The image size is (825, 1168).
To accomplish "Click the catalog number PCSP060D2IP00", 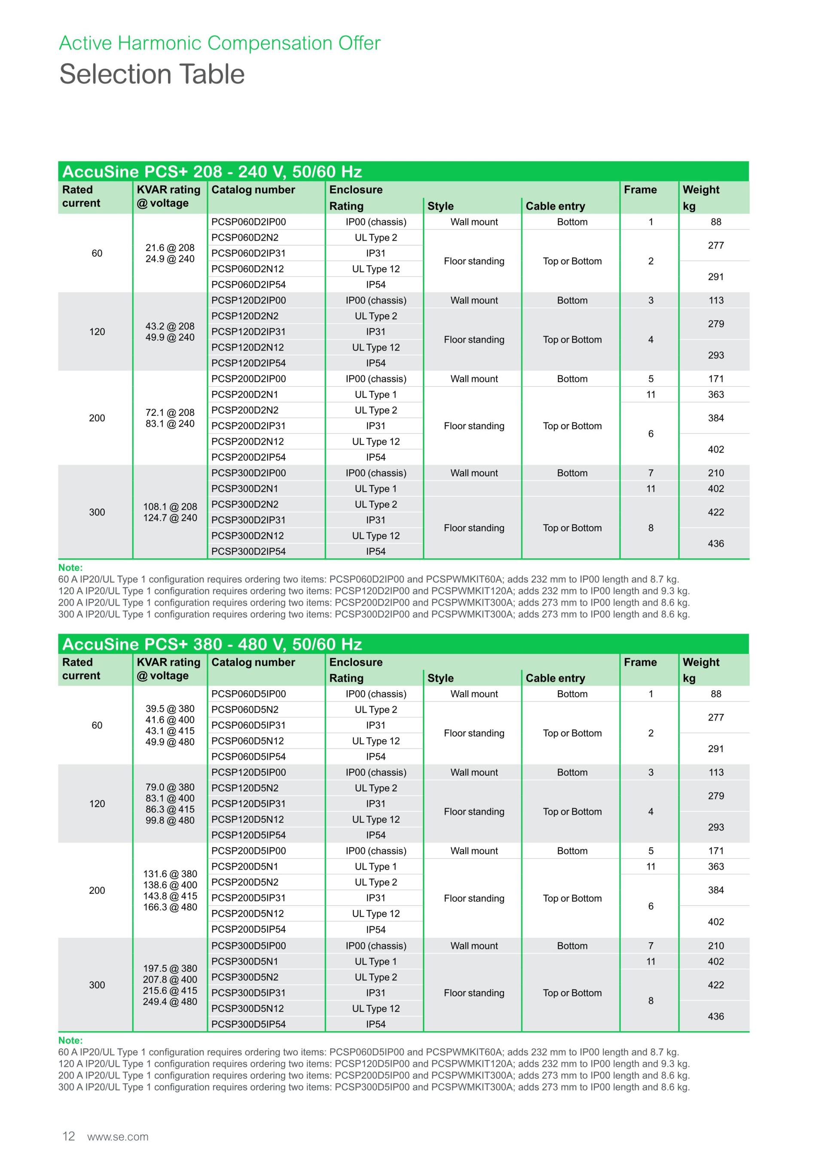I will pyautogui.click(x=248, y=222).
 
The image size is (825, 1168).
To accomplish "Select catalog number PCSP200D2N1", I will pyautogui.click(x=244, y=394).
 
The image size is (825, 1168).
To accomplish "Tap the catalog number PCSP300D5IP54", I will pyautogui.click(x=248, y=1024).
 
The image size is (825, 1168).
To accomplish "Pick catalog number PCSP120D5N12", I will pyautogui.click(x=247, y=820).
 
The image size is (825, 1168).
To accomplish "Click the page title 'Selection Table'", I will pyautogui.click(x=152, y=74).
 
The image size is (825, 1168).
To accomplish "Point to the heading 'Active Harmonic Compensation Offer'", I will pyautogui.click(x=220, y=43).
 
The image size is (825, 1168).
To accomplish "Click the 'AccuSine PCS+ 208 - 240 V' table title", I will pyautogui.click(x=212, y=172).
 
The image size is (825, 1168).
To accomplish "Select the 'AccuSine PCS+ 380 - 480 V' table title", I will pyautogui.click(x=212, y=645).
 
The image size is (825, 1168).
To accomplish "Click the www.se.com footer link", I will pyautogui.click(x=118, y=1137).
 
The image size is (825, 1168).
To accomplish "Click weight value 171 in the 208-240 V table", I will pyautogui.click(x=716, y=379).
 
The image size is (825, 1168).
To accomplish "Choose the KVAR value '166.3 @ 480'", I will pyautogui.click(x=170, y=907).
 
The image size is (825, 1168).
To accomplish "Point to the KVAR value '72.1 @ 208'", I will pyautogui.click(x=170, y=412).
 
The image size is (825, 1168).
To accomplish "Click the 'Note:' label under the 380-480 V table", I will pyautogui.click(x=70, y=1040).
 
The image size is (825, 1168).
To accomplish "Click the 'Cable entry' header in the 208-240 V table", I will pyautogui.click(x=555, y=206).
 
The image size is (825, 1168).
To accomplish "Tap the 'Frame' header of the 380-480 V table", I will pyautogui.click(x=640, y=662).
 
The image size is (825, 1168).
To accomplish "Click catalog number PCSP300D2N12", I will pyautogui.click(x=247, y=536).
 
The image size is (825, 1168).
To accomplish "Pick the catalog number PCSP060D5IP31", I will pyautogui.click(x=248, y=725).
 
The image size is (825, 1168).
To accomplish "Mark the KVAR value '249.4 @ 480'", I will pyautogui.click(x=170, y=1002).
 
